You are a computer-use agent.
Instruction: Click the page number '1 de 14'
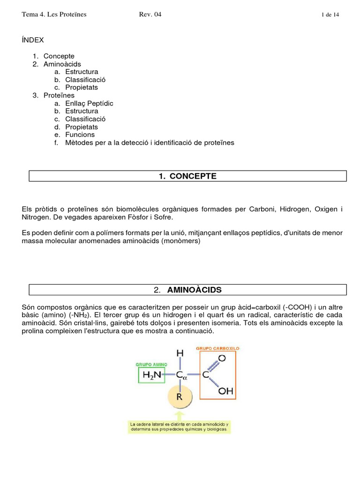(330, 15)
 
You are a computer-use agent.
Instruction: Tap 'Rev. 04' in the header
(150, 15)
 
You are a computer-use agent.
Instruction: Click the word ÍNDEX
(33, 40)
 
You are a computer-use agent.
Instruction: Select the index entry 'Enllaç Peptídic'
(89, 103)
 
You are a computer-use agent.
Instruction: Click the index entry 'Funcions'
(80, 135)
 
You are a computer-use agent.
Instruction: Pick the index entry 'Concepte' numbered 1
(59, 56)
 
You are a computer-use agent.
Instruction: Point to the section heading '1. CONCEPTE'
(187, 176)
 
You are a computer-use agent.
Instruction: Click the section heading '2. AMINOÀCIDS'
(187, 290)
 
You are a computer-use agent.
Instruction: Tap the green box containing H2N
(152, 375)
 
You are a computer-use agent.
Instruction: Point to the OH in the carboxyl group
(225, 390)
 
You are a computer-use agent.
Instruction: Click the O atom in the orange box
(222, 359)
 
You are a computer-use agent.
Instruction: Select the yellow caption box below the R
(179, 427)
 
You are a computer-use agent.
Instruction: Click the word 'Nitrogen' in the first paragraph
(36, 217)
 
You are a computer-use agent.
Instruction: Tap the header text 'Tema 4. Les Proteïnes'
(54, 15)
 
